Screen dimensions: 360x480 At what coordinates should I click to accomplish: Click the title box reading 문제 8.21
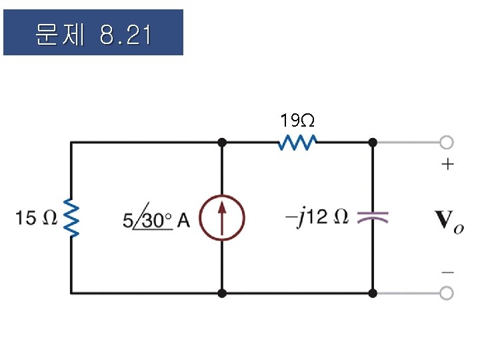(x=93, y=32)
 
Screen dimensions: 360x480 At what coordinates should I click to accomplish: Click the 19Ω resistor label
(x=297, y=121)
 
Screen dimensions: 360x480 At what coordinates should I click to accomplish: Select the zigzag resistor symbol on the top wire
(x=297, y=142)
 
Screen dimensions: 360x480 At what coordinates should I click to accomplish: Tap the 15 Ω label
(x=35, y=218)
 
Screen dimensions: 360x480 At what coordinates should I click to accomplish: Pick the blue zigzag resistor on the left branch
(x=71, y=218)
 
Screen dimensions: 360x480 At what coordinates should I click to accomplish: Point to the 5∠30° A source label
(x=156, y=219)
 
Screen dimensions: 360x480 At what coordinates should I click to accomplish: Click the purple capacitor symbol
(x=373, y=217)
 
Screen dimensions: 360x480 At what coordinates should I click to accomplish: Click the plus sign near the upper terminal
(x=447, y=164)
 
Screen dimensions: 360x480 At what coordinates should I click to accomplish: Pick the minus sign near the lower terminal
(x=448, y=272)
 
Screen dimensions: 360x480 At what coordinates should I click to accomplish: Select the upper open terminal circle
(x=447, y=142)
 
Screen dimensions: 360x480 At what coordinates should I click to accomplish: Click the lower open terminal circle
(x=447, y=293)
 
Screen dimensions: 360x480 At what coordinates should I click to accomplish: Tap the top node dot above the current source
(x=221, y=142)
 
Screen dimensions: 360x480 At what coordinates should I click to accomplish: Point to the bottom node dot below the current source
(x=221, y=293)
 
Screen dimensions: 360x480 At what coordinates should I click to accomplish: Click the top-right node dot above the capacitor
(x=373, y=142)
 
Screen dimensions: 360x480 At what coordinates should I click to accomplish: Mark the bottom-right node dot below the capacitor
(x=373, y=293)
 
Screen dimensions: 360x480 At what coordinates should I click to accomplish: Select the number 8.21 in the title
(x=125, y=35)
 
